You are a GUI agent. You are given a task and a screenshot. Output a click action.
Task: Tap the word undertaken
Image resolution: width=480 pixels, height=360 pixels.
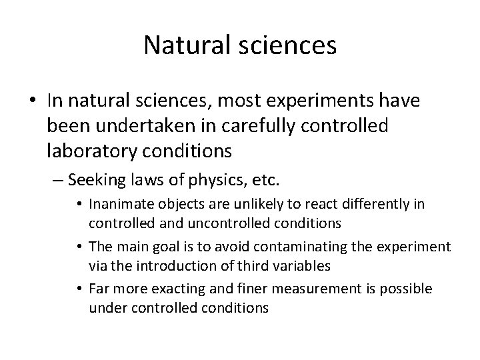143,125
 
